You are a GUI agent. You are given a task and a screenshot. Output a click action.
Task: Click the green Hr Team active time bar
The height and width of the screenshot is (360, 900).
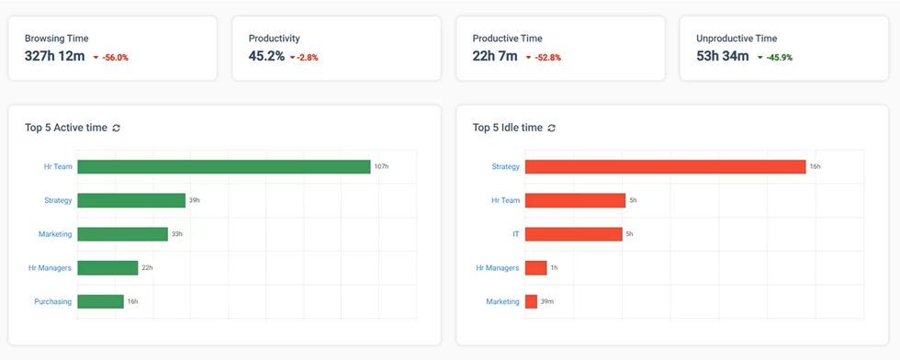coord(223,167)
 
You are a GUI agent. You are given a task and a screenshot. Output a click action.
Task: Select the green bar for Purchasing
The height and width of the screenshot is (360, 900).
coord(100,301)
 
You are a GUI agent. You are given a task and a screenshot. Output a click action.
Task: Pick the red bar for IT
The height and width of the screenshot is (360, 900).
coord(573,234)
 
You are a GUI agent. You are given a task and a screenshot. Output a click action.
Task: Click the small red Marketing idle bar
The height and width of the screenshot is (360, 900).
coord(531,301)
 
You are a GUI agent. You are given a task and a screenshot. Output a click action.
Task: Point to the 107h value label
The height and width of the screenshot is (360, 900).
coord(381,167)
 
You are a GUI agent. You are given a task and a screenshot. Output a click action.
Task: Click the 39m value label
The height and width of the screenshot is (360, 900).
coord(547,301)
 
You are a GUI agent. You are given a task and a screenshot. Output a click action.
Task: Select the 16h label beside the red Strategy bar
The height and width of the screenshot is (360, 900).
coord(814,167)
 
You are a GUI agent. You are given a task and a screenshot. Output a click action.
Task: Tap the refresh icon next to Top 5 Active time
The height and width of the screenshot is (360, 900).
coord(117,128)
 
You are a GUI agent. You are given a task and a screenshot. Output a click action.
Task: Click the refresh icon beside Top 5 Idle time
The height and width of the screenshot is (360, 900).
coord(551,128)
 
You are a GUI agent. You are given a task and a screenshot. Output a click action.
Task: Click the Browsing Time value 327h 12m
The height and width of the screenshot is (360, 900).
coord(55,56)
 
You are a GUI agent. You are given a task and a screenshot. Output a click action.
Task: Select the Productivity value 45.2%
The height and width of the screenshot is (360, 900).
coord(266,56)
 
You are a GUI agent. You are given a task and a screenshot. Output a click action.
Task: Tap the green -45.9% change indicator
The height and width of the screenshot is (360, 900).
coord(777,57)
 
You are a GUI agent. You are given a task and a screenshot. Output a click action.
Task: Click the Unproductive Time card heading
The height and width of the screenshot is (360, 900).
coord(737,39)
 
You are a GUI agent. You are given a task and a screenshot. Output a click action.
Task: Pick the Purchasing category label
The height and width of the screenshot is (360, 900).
coord(53,301)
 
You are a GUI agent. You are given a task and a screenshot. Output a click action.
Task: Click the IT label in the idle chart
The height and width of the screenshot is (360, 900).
coord(515,234)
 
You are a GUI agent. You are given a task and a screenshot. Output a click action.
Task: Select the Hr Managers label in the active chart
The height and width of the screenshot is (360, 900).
coord(51,267)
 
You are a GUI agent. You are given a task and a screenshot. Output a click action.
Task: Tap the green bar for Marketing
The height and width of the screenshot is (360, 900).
coord(122,234)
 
